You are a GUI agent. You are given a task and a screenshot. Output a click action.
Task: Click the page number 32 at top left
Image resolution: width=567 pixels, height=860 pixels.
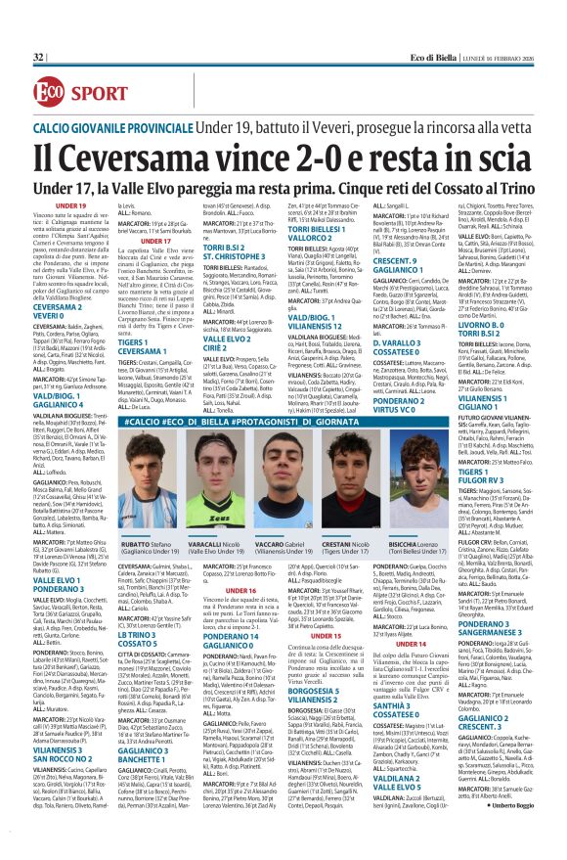click(x=38, y=58)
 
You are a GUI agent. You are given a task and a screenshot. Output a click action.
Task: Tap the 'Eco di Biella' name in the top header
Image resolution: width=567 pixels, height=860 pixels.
click(x=431, y=58)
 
